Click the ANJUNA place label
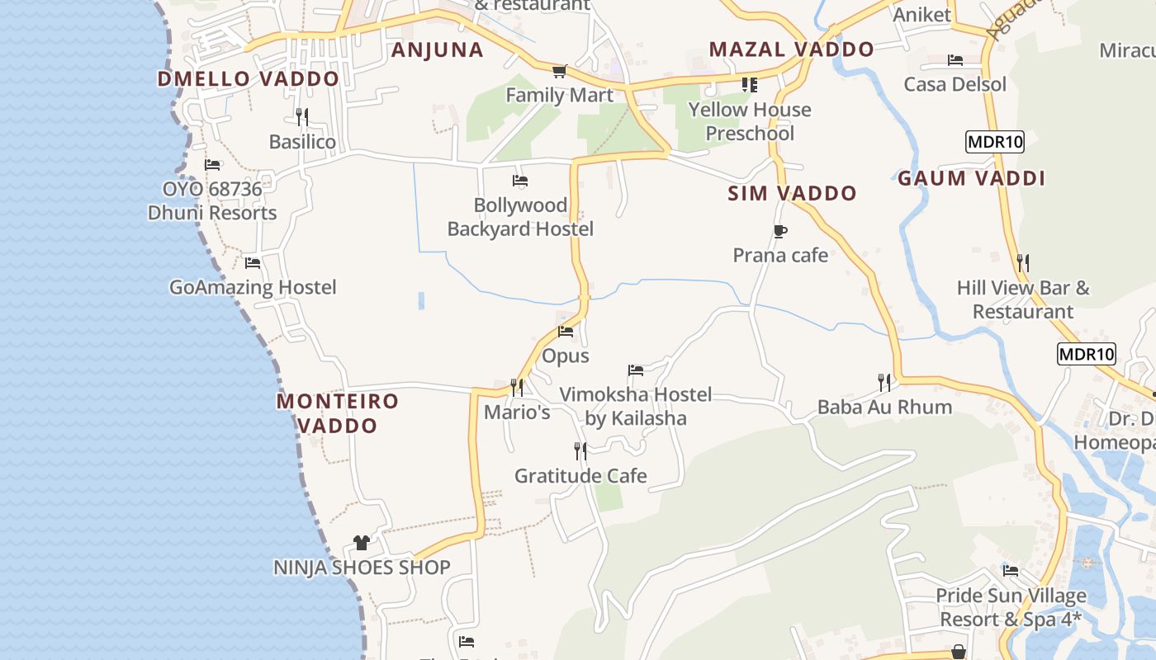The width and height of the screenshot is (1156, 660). [x=437, y=49]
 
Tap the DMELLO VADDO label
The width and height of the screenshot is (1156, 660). [x=248, y=79]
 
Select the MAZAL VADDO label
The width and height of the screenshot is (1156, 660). [x=791, y=49]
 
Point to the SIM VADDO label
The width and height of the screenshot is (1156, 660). [x=792, y=194]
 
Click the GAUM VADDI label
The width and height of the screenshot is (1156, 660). [x=971, y=178]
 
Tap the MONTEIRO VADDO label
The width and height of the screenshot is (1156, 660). [x=338, y=413]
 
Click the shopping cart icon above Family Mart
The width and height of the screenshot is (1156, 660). [x=560, y=71]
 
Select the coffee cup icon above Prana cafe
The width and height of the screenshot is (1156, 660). [x=780, y=231]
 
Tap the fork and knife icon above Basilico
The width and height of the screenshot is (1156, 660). [x=302, y=117]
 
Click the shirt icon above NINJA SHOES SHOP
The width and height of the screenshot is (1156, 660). [x=362, y=542]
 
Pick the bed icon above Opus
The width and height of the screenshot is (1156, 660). [x=566, y=332]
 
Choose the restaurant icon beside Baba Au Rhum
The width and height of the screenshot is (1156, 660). [x=884, y=382]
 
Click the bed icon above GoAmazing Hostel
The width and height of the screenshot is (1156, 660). [x=253, y=263]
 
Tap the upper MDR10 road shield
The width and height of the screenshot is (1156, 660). [x=995, y=142]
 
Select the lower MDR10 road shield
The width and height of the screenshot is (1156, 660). [x=1086, y=355]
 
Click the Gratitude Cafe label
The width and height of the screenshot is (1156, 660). [x=580, y=476]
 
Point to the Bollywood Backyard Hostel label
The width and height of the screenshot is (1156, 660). [x=520, y=217]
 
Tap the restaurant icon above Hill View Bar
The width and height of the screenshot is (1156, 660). [x=1023, y=263]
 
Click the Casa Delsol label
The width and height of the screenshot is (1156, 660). [x=955, y=84]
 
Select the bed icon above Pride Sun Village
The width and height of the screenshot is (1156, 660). [x=1011, y=571]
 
